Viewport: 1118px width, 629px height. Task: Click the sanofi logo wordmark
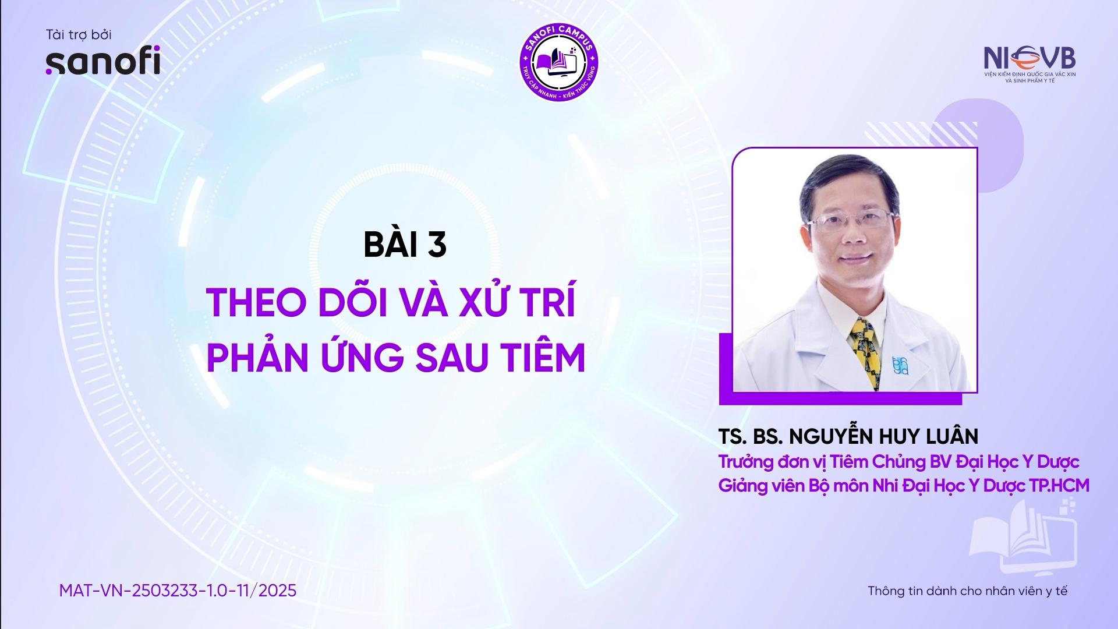(102, 63)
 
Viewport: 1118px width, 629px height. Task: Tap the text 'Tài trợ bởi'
(79, 35)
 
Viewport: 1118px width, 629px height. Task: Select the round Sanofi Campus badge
(559, 61)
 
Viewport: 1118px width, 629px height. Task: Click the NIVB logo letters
(1029, 58)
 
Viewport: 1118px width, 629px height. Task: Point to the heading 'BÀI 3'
(405, 245)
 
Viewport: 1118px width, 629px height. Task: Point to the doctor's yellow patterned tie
(865, 353)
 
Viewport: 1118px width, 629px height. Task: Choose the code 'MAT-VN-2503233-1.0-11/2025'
(178, 591)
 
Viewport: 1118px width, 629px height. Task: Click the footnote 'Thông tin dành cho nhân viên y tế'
(968, 591)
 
